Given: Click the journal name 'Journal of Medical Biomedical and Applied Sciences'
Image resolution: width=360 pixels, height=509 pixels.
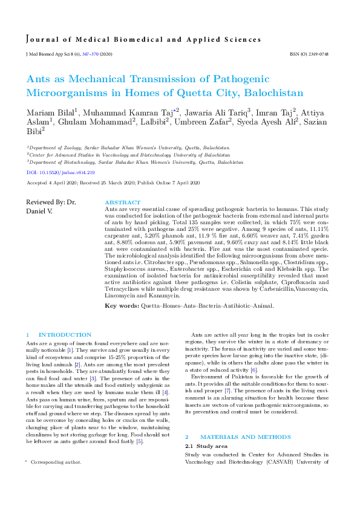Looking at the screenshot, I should click(x=143, y=40).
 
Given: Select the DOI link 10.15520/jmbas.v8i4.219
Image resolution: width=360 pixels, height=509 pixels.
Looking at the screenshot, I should click(x=61, y=172).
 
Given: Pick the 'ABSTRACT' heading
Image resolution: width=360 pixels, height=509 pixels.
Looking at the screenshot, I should click(x=123, y=203).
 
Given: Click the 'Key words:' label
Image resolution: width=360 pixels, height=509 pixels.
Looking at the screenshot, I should click(x=121, y=306).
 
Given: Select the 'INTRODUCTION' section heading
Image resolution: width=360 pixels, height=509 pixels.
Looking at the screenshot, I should click(x=65, y=335).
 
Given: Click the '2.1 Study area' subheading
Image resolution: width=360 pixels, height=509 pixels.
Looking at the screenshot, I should click(x=208, y=412).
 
